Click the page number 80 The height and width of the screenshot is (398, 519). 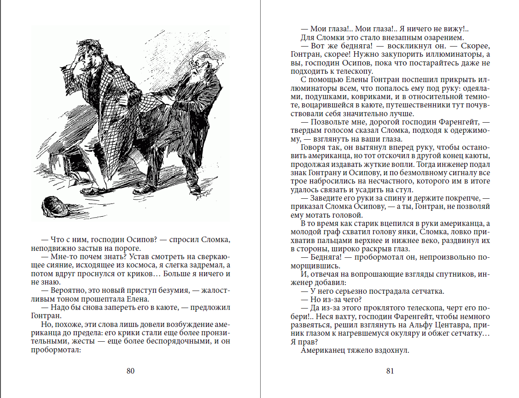130,371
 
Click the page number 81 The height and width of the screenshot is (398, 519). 390,371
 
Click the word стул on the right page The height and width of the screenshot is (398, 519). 405,190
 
